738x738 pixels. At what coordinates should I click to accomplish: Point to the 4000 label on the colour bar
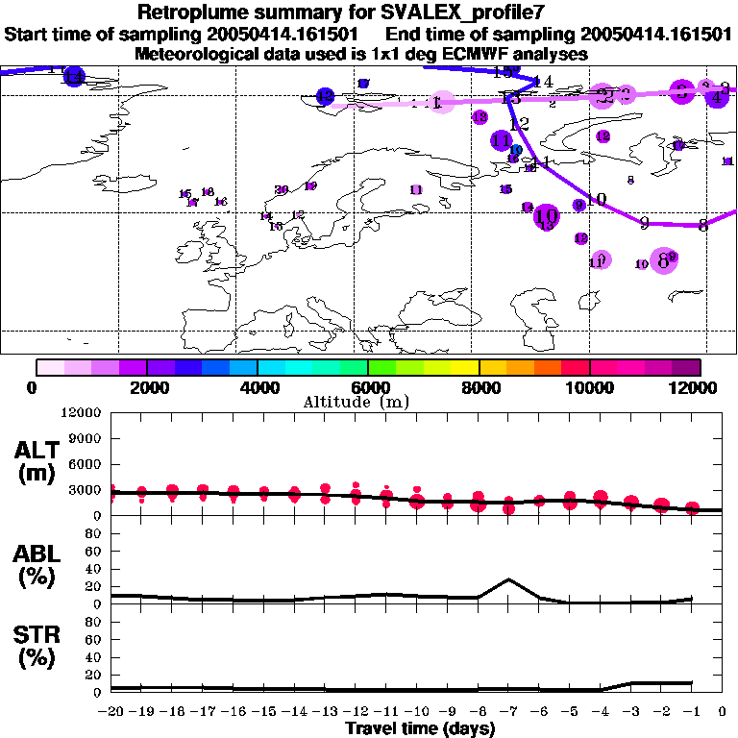tap(258, 387)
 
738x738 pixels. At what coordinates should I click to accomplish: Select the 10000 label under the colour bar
tap(590, 387)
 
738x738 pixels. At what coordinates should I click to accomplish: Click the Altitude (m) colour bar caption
tap(368, 402)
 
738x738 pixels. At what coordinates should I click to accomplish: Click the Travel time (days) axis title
tap(420, 728)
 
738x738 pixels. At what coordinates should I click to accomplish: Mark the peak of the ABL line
tap(508, 579)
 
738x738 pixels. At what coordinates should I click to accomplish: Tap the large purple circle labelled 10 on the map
tap(546, 216)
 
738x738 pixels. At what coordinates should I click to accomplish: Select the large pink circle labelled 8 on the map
tap(663, 259)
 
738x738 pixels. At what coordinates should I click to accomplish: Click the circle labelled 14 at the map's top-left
tap(73, 77)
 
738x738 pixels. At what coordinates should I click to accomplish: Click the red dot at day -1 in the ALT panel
tap(692, 507)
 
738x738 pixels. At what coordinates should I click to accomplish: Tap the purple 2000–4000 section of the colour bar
tap(202, 367)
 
